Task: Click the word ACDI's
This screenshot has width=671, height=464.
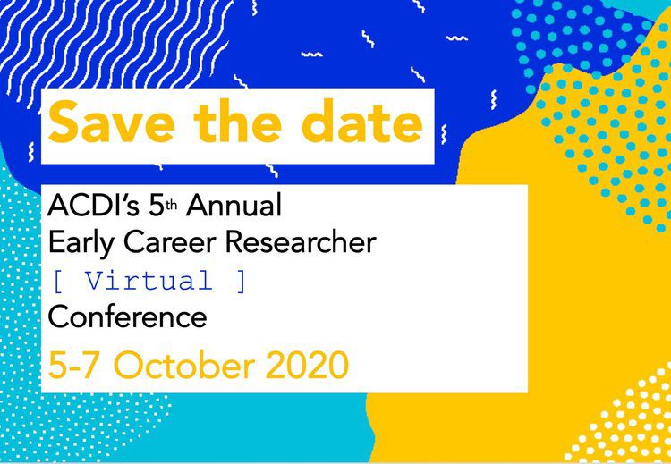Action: point(93,206)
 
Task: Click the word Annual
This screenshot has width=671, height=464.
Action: point(234,206)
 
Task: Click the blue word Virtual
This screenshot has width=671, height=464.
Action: point(149,281)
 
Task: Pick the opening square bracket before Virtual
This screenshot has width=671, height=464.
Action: point(57,282)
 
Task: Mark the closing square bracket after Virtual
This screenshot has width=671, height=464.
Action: point(241,282)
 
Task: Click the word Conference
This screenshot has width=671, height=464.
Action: point(128,317)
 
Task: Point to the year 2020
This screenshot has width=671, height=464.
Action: point(310,365)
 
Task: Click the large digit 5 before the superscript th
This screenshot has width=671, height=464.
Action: point(157,207)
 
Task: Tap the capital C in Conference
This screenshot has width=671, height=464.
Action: point(58,317)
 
